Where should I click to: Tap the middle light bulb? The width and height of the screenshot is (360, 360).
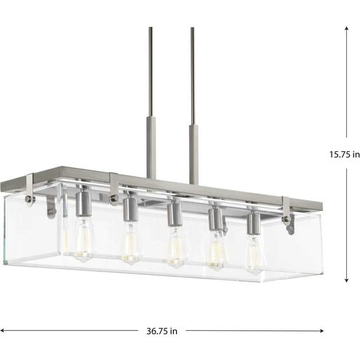point(175,247)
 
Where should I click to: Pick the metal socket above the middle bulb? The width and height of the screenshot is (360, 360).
point(174,214)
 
